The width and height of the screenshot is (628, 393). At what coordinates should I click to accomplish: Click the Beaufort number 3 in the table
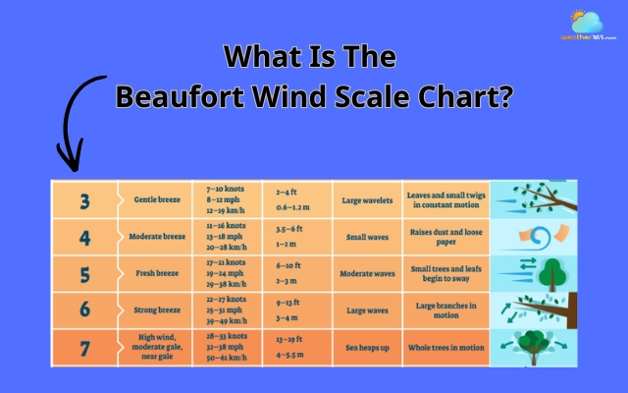[84, 200]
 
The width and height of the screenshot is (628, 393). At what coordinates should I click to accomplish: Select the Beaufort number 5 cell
[84, 273]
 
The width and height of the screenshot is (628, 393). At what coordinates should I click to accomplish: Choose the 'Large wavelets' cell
[368, 200]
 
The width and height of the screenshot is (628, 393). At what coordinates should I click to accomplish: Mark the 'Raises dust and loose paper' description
[445, 237]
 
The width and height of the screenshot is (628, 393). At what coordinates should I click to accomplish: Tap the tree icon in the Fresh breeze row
[536, 273]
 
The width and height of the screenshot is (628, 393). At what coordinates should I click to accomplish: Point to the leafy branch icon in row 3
[536, 200]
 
